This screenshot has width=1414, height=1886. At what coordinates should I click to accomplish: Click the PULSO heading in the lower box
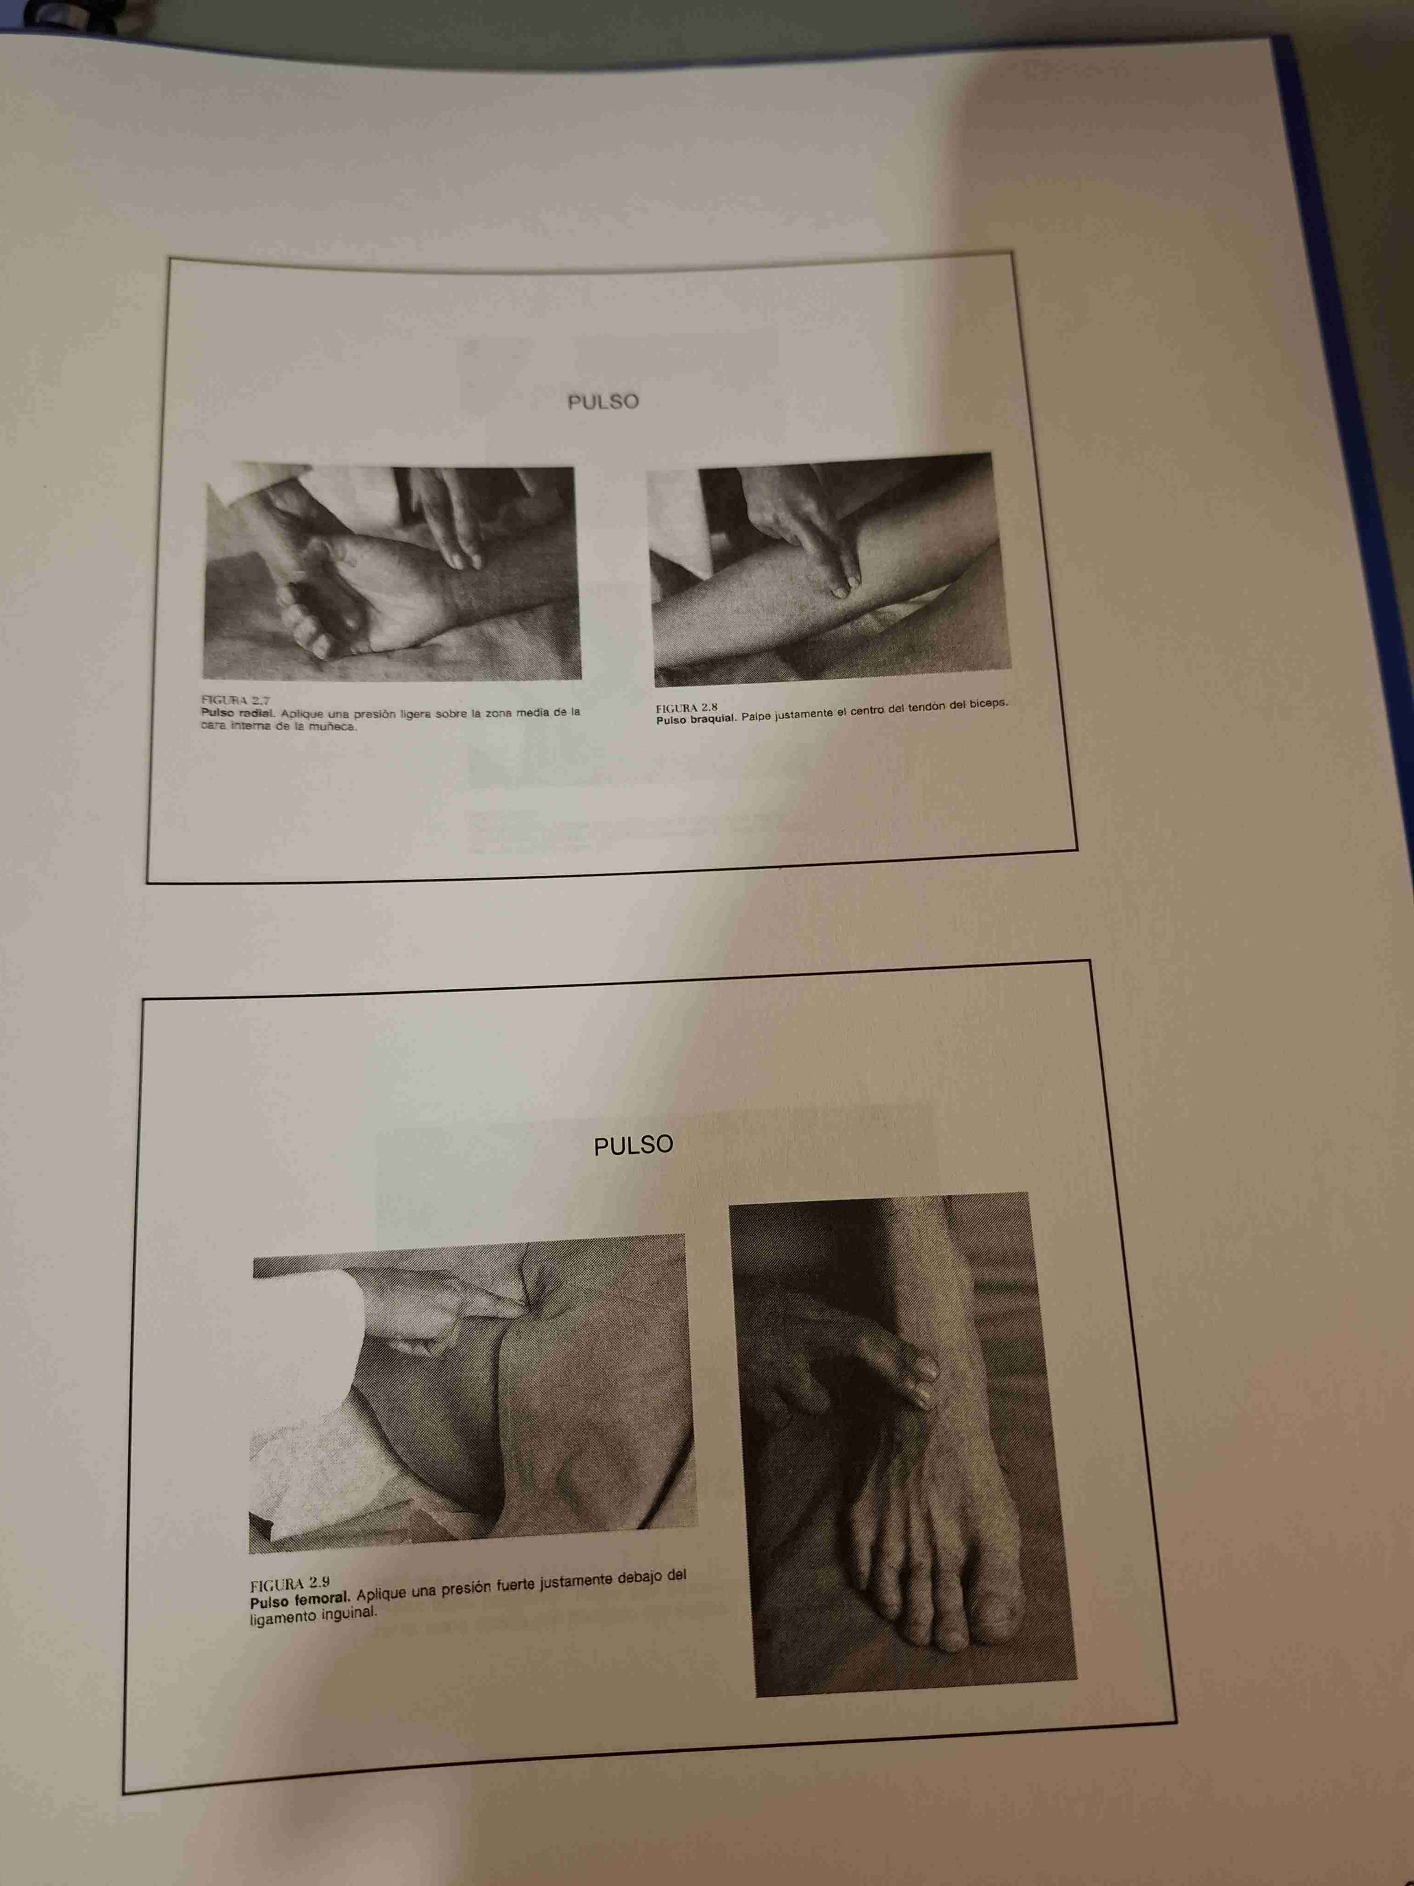pyautogui.click(x=633, y=1145)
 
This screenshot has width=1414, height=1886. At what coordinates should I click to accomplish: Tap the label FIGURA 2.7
pyautogui.click(x=235, y=700)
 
